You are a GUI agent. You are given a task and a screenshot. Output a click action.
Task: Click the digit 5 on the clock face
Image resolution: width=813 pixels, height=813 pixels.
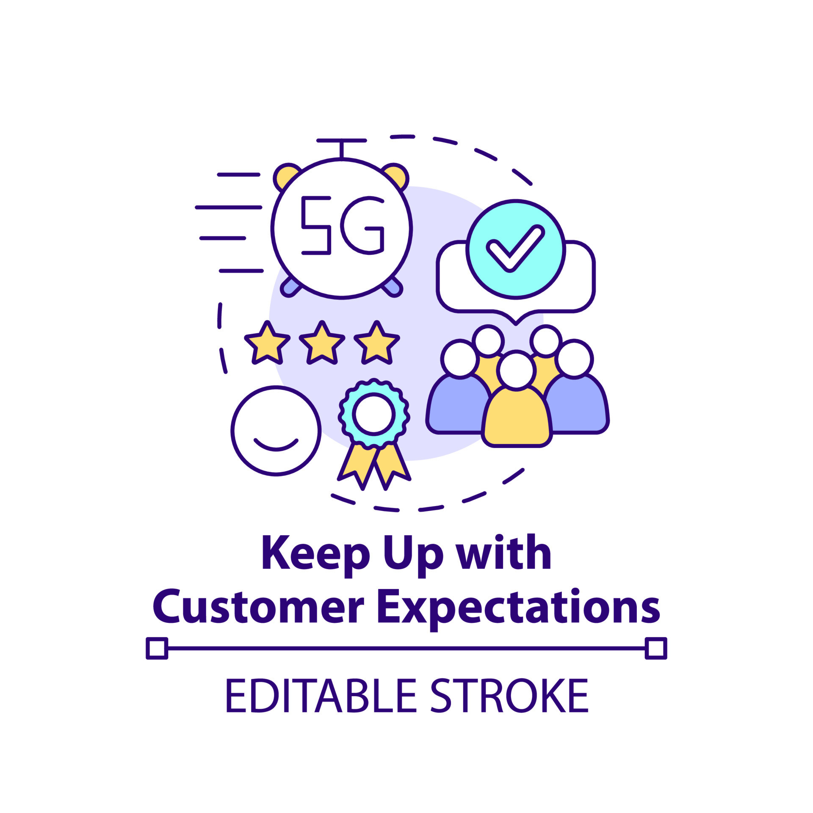(316, 225)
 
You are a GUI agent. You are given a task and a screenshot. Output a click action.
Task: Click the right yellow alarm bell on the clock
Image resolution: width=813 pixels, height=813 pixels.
(397, 174)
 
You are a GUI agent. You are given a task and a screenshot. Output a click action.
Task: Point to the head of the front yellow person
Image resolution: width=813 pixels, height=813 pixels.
(516, 370)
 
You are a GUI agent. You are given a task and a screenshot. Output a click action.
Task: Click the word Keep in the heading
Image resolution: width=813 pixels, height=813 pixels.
(316, 554)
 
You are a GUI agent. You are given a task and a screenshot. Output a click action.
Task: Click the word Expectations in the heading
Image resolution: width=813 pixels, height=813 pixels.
(518, 608)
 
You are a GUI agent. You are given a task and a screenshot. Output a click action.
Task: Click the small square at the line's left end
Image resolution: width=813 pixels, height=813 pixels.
(157, 648)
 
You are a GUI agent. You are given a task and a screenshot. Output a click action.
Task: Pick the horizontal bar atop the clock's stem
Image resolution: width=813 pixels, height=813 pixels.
(341, 140)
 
